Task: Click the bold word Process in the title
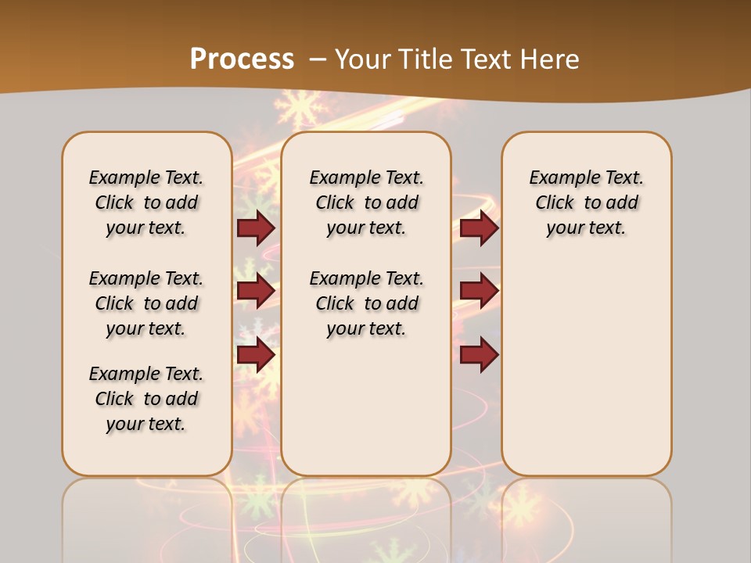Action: point(242,59)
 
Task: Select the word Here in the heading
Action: point(548,59)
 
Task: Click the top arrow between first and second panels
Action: point(256,228)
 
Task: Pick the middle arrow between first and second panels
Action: point(256,291)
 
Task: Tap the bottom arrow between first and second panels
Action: point(256,354)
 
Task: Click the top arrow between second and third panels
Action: point(479,228)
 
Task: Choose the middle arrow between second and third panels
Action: point(479,291)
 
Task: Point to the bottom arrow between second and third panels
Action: point(479,354)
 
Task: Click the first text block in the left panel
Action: point(146,203)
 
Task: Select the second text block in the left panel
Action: point(146,303)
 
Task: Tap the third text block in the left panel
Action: point(146,399)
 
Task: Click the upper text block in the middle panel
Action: point(366,203)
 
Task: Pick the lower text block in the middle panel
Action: point(366,303)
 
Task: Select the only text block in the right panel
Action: point(586,203)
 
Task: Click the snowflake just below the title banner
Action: point(298,108)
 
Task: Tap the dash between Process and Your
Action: point(318,59)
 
